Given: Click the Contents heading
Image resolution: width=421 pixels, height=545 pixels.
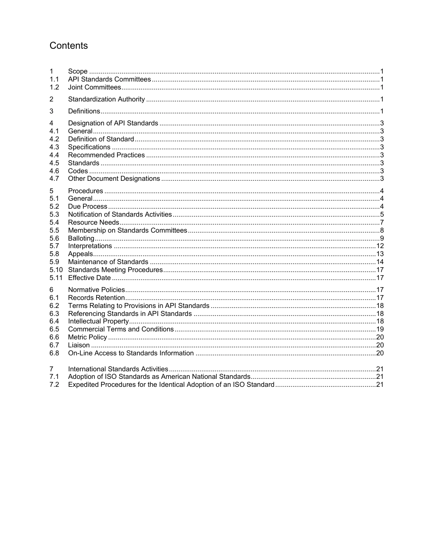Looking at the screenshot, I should pos(69,46).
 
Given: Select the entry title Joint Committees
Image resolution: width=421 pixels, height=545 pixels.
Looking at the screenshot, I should pos(94,87).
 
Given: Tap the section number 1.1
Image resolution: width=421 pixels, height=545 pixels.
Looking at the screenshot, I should pos(54,79).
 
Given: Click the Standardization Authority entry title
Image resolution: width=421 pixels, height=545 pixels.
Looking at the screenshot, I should pos(106,99).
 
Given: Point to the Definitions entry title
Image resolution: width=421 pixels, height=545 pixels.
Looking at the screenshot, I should pos(84,111).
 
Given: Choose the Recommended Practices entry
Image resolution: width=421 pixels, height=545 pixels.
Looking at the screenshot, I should pos(106,155).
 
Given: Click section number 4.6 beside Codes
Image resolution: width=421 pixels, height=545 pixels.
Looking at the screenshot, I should pos(54,171).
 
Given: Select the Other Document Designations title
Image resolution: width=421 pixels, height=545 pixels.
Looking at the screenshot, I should pos(114,179).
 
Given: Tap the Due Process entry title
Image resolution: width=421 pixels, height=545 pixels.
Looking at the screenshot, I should pos(87,206).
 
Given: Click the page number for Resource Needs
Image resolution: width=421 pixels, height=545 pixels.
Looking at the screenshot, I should pos(382,222).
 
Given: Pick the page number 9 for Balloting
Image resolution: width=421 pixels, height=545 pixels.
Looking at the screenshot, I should pos(382,238).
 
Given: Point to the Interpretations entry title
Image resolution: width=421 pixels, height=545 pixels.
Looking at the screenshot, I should pos(90,246).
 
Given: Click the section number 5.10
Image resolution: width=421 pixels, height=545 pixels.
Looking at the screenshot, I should pos(56,270).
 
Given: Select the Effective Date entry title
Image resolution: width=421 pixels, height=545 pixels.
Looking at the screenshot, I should pos(89,278).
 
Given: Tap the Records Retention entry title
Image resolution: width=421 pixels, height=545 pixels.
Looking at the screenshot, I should pos(96,298).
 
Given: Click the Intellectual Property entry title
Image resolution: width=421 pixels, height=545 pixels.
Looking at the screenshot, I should pos(98,321).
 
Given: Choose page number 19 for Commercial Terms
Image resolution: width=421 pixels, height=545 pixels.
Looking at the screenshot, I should pos(380,329).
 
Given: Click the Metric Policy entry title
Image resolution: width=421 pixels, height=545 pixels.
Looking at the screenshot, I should pos(87,337).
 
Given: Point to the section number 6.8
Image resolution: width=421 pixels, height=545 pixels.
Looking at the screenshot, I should pos(54,353).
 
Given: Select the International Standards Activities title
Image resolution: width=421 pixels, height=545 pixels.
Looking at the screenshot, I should pos(118,369).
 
